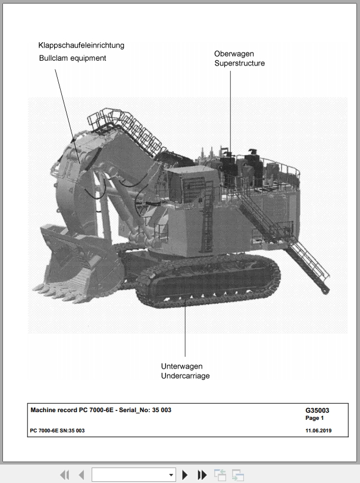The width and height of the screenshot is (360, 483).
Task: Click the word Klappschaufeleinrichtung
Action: [82, 45]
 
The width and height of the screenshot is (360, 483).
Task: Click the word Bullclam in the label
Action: [52, 58]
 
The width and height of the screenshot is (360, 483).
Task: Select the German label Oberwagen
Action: [234, 54]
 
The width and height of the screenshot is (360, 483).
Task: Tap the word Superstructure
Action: [240, 63]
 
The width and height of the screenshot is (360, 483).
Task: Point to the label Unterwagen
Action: [182, 366]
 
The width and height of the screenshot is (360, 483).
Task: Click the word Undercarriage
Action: [185, 376]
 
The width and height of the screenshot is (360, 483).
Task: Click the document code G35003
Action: [317, 410]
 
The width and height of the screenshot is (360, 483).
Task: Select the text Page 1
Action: [314, 418]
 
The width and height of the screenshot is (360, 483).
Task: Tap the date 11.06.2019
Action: [318, 431]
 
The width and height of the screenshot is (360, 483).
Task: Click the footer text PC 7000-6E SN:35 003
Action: [57, 431]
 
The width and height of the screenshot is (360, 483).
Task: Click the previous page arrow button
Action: [82, 475]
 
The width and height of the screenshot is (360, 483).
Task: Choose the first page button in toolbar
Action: [65, 475]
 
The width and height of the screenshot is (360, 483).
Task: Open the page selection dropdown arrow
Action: [171, 475]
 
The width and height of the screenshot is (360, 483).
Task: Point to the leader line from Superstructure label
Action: [230, 113]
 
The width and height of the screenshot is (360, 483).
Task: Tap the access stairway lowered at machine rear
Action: [308, 265]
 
